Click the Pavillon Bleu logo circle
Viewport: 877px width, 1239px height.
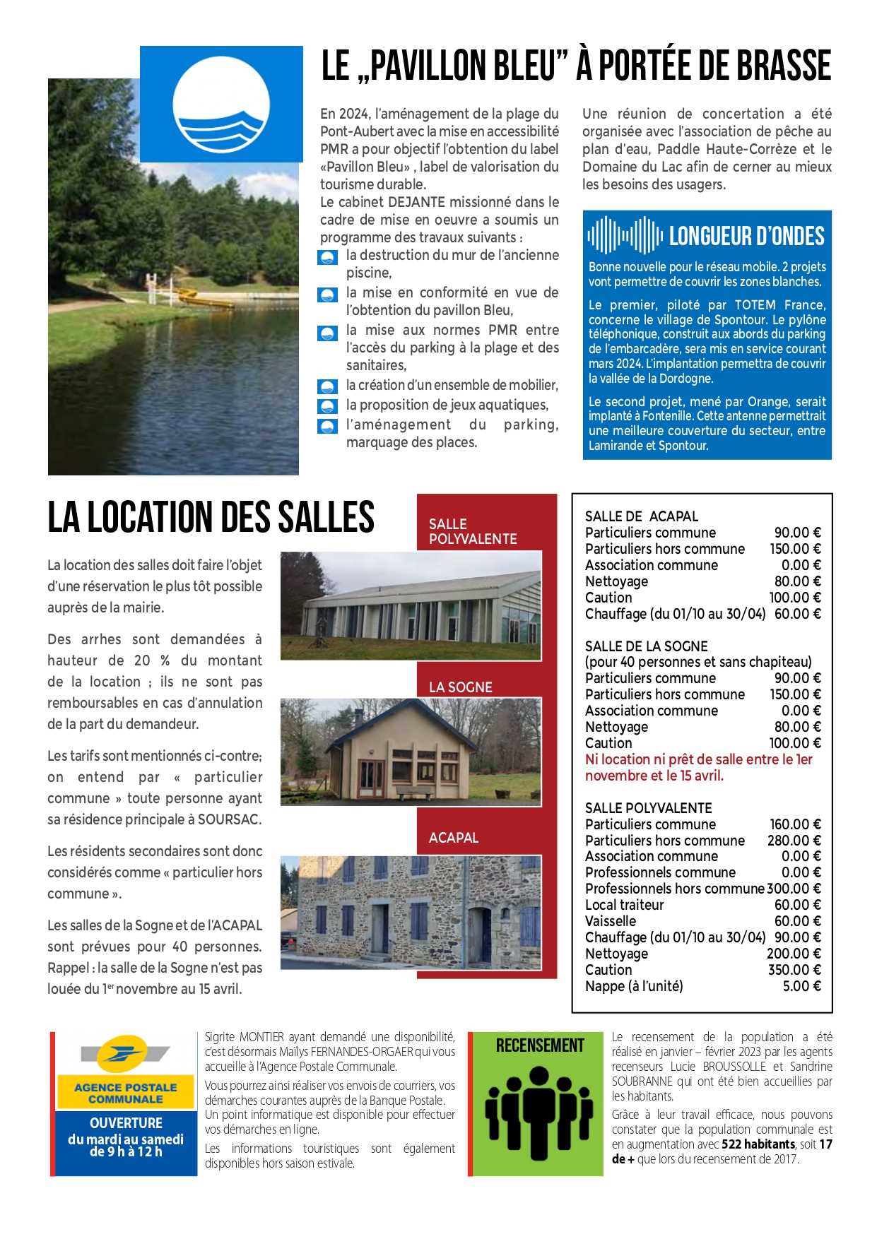221,105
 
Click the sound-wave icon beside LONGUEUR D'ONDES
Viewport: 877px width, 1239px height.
625,235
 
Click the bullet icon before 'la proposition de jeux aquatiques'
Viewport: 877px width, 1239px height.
327,406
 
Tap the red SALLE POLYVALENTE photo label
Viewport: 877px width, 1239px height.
473,531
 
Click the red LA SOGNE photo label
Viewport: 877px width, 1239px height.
460,687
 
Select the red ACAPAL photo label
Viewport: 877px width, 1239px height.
453,837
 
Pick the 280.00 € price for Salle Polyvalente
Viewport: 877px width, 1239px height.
794,840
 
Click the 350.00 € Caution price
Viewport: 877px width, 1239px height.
794,970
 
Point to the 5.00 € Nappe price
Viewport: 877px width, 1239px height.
801,986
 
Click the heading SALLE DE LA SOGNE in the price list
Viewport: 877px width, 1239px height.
646,646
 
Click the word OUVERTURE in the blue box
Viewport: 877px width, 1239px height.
126,1122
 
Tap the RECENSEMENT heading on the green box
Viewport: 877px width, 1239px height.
540,1045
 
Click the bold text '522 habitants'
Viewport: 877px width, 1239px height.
758,1144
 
